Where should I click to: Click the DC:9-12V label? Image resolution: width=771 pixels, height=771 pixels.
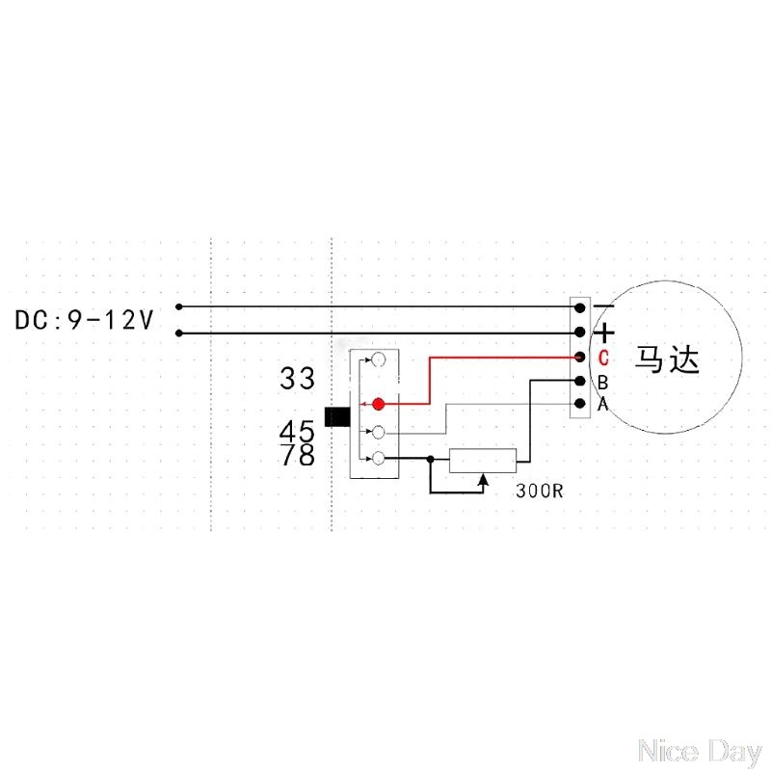click(84, 320)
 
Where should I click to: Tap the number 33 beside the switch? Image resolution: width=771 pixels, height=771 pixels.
click(298, 379)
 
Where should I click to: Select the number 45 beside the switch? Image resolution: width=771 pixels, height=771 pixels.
click(298, 430)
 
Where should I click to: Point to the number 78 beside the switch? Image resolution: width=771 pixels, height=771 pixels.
click(298, 455)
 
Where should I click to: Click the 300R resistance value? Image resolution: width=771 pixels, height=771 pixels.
click(540, 490)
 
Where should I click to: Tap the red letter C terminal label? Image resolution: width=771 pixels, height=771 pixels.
click(602, 359)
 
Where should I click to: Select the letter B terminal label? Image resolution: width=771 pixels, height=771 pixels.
click(602, 383)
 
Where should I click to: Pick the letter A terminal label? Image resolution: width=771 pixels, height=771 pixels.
click(602, 404)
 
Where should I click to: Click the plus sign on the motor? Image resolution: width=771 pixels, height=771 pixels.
click(604, 333)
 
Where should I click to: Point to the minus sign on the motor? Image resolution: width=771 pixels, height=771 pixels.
click(604, 307)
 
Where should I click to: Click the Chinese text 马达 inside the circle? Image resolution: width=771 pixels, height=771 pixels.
click(666, 360)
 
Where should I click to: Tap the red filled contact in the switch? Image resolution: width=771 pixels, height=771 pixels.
click(379, 404)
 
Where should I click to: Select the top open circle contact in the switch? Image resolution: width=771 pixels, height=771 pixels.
click(380, 359)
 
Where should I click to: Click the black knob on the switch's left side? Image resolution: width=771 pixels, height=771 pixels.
click(336, 416)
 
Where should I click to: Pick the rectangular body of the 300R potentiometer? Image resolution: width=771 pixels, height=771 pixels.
click(483, 460)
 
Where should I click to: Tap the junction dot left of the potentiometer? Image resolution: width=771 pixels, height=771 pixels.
click(430, 460)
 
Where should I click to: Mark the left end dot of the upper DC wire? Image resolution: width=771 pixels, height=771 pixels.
click(178, 307)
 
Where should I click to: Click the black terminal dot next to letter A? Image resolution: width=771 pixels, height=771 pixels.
click(580, 404)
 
